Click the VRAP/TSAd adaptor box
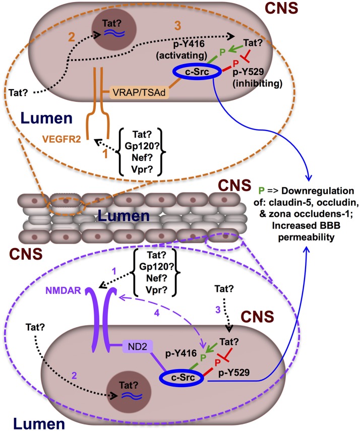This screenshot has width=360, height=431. tap(139, 92)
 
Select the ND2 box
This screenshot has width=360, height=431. tap(138, 346)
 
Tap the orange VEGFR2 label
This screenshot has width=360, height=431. tap(62, 139)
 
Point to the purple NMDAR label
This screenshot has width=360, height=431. tap(63, 290)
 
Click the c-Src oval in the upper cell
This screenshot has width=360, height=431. tap(197, 72)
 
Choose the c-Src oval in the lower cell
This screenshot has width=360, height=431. tap(183, 378)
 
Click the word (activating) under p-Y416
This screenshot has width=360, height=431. tap(182, 55)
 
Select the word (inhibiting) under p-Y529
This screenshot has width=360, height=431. tap(258, 83)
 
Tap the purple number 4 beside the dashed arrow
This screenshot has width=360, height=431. tap(157, 313)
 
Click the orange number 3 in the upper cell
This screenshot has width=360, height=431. tap(178, 26)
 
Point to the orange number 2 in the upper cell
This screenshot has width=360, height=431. tap(72, 37)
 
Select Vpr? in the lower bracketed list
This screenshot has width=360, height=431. tap(156, 290)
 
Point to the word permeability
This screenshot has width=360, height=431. tap(306, 237)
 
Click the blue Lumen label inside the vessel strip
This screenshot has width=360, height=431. tap(124, 216)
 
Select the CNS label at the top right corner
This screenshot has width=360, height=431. tap(282, 8)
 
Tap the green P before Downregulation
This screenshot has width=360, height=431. tap(261, 191)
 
